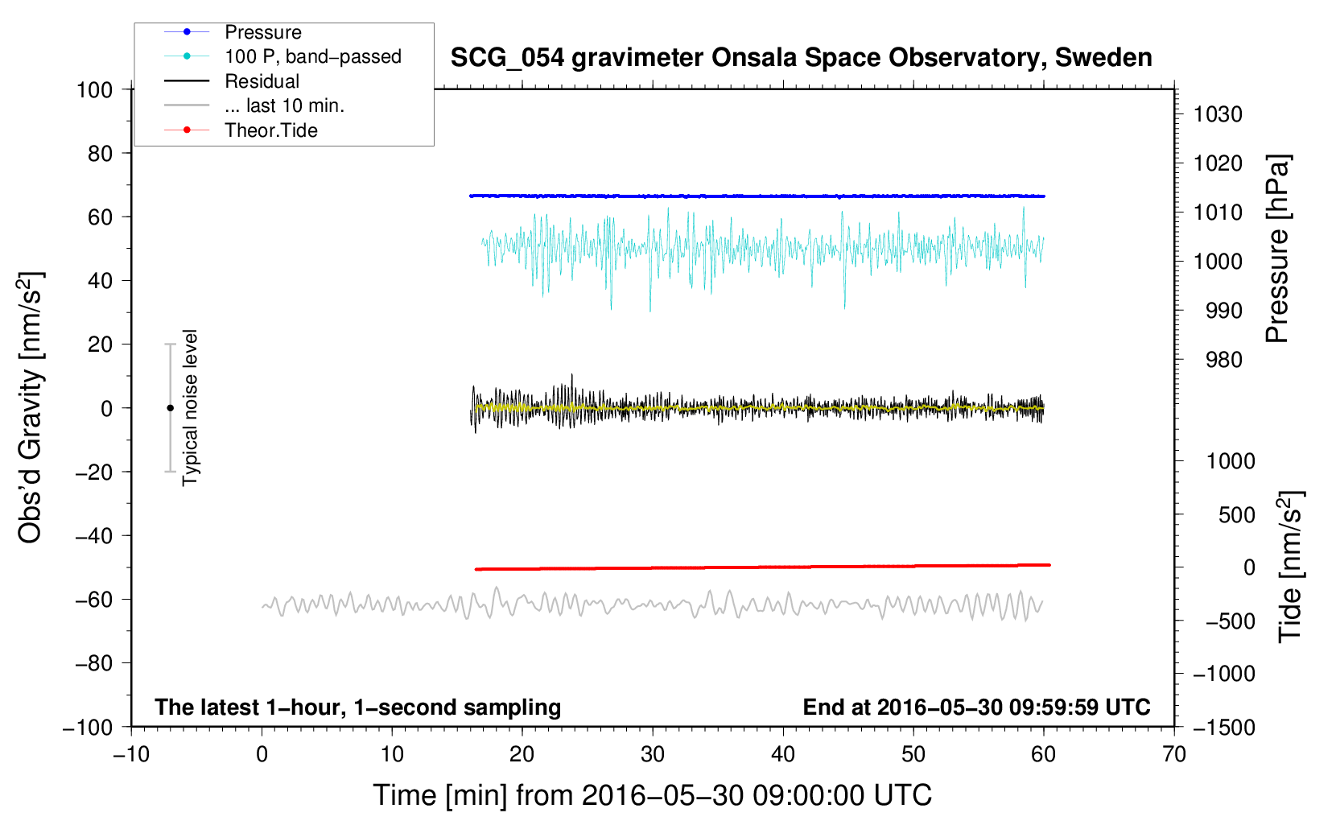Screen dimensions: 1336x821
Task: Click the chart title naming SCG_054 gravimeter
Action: pos(801,58)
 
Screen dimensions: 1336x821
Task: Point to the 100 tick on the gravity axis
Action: pos(94,90)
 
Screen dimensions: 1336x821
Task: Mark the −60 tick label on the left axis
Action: pos(93,599)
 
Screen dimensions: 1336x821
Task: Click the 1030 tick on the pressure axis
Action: pos(1218,114)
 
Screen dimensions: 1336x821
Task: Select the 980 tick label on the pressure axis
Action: pos(1224,360)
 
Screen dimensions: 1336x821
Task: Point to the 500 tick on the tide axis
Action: pos(1237,514)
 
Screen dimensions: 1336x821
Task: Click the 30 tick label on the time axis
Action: pos(653,755)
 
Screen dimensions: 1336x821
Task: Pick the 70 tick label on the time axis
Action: pos(1173,755)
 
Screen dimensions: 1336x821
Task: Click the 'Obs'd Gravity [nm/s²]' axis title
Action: pos(30,408)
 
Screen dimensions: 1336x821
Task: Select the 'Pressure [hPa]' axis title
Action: pos(1277,249)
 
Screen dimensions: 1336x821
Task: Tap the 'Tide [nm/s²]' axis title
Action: pos(1290,567)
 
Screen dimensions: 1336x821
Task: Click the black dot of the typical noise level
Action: pos(170,408)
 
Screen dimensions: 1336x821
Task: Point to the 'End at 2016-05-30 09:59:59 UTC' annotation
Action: pos(976,707)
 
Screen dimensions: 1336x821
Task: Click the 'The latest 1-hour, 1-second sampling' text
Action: pos(358,708)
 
